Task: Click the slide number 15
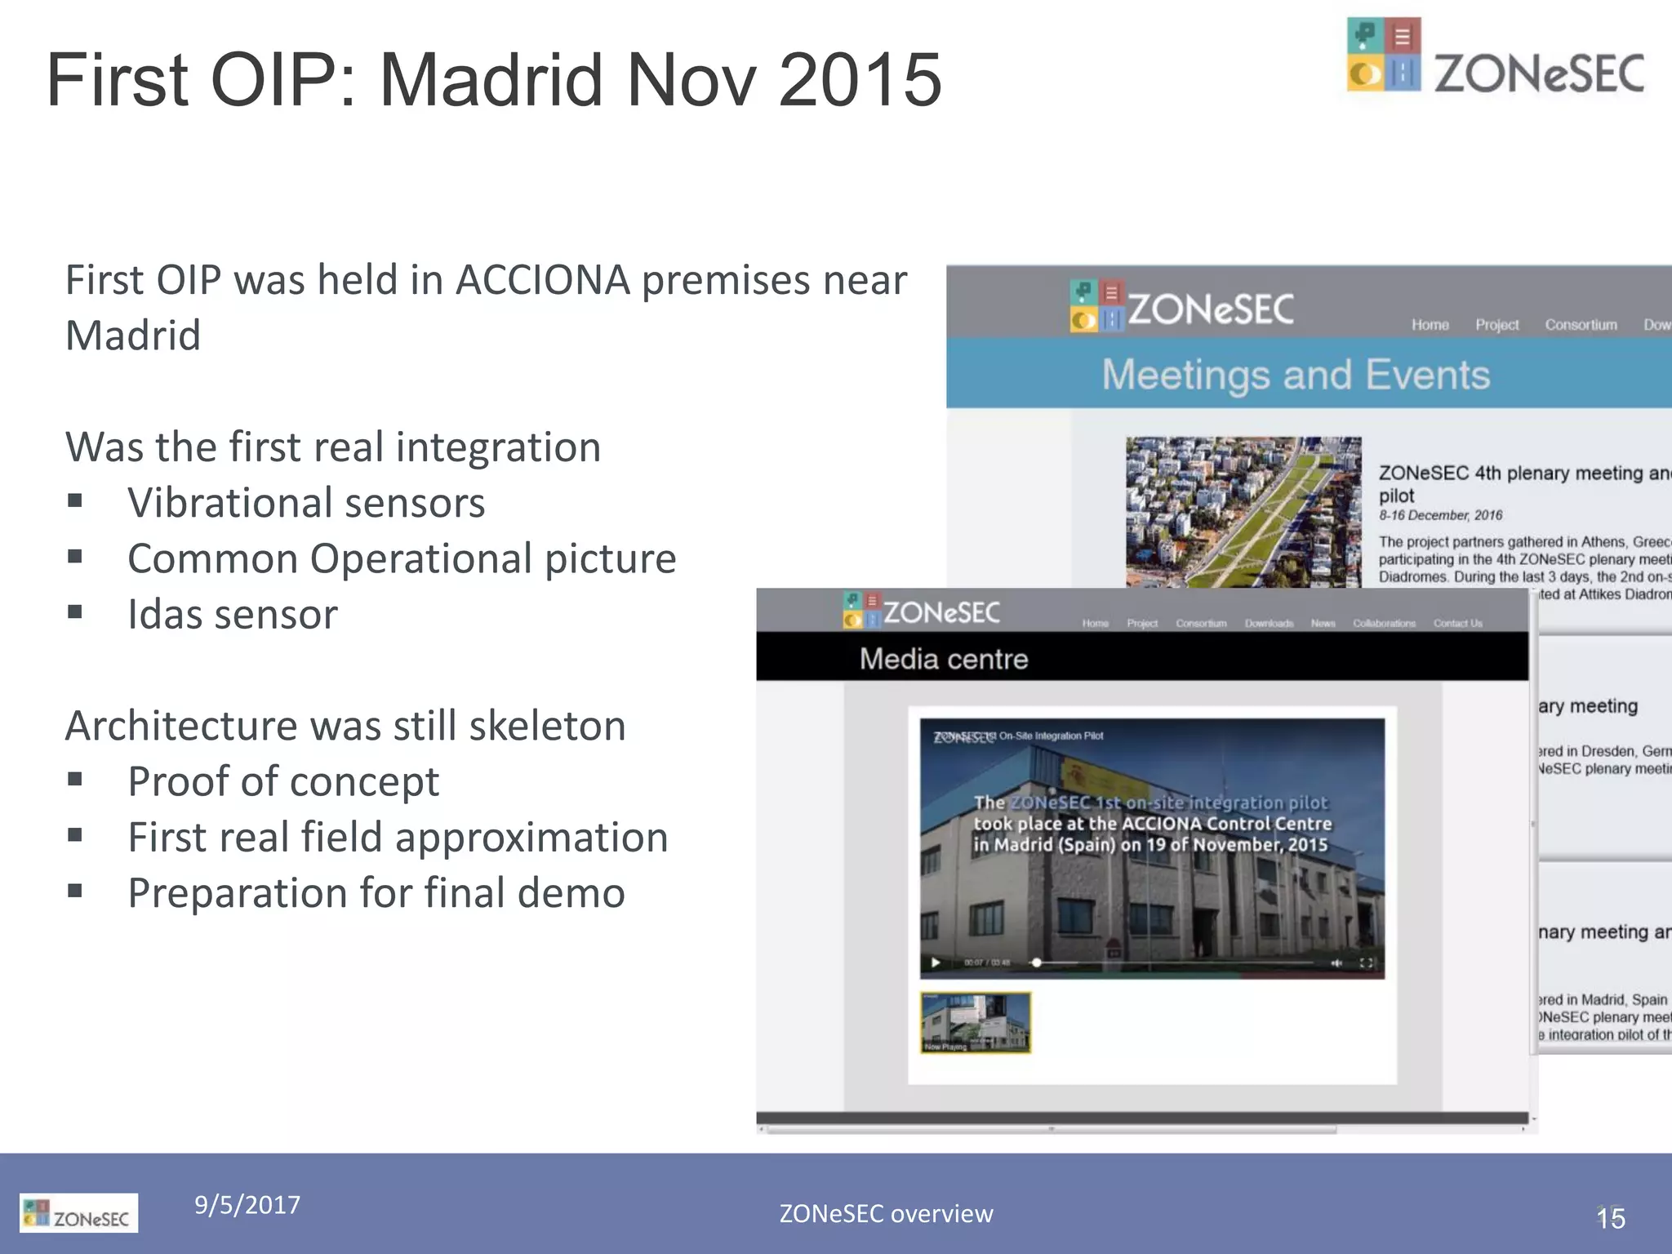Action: coord(1610,1218)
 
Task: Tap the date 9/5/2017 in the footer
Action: coord(247,1204)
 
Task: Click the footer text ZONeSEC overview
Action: coord(886,1214)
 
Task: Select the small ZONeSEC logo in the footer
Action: coord(78,1213)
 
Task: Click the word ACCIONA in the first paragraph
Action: coord(542,280)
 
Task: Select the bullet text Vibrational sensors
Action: coord(306,502)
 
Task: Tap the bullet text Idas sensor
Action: coord(232,614)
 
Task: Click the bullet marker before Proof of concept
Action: coord(75,780)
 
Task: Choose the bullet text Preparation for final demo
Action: coord(376,892)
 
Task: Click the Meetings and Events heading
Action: coord(1296,375)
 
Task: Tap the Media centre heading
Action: coord(943,659)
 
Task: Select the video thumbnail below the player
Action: coord(976,1022)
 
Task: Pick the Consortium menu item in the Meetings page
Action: coord(1581,325)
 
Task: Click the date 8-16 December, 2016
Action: coord(1440,515)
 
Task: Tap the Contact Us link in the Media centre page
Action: coord(1457,624)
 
